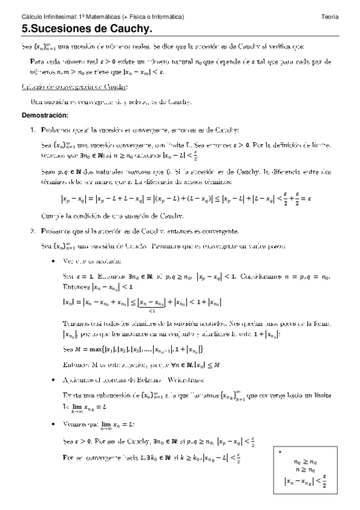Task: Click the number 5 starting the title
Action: pyautogui.click(x=25, y=28)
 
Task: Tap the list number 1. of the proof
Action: pyautogui.click(x=33, y=129)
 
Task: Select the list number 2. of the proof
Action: pyautogui.click(x=33, y=231)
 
